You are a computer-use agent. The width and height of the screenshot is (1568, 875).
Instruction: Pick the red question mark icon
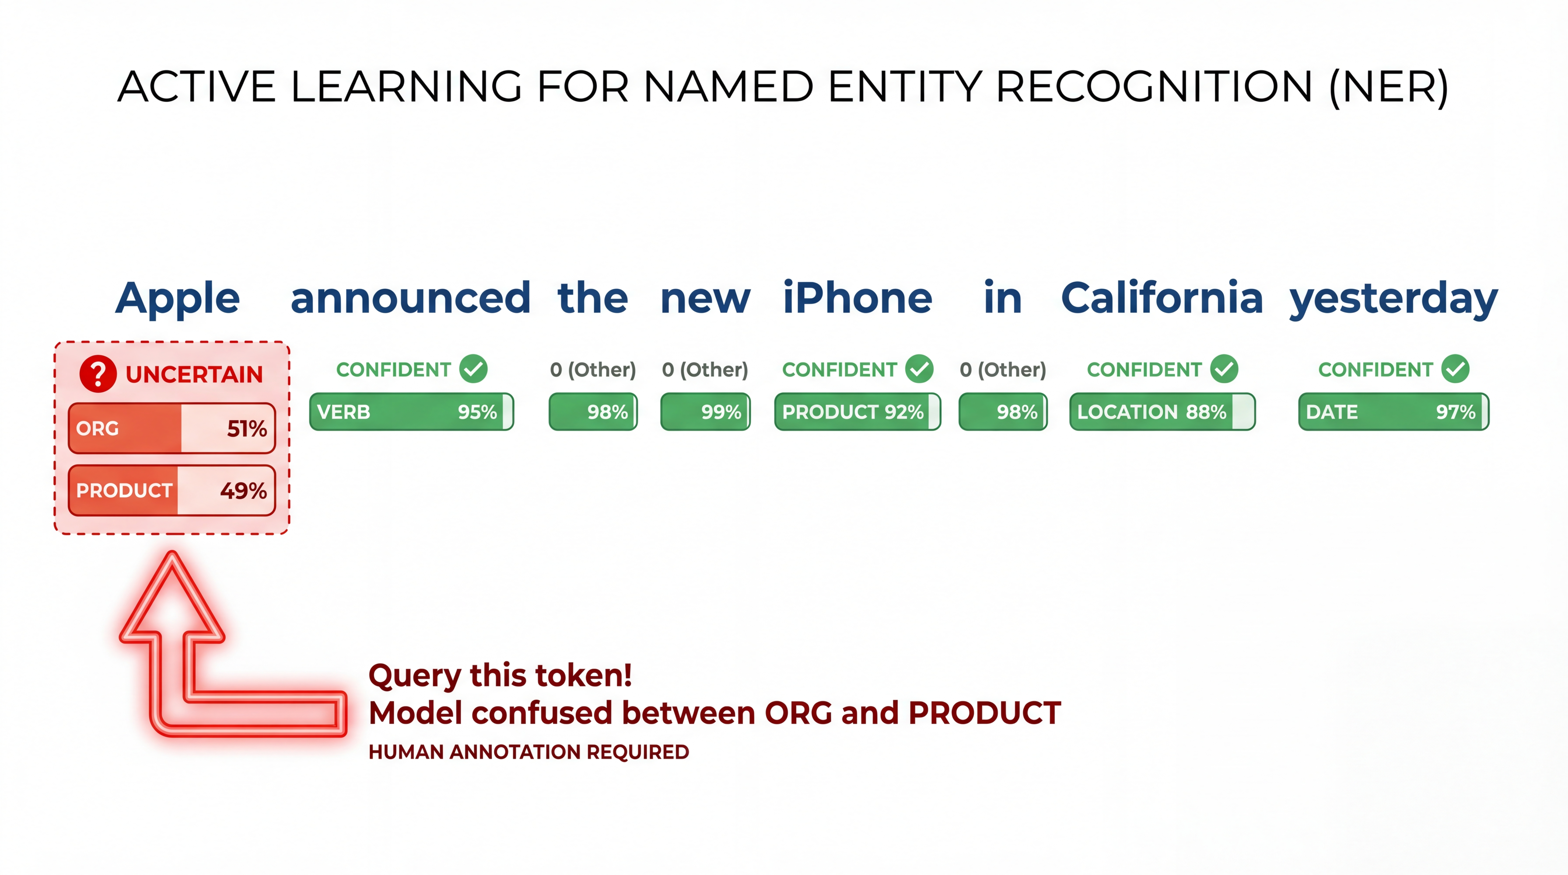98,374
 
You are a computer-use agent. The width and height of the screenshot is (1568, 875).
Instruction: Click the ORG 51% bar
172,428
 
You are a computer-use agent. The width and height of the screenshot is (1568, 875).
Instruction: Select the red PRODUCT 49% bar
172,490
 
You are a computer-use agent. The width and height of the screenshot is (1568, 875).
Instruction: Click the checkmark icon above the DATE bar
1455,369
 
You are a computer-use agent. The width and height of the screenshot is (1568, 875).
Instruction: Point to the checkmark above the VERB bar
473,369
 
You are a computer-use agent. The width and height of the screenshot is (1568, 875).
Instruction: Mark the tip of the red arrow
172,551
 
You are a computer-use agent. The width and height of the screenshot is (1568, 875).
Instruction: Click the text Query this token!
500,675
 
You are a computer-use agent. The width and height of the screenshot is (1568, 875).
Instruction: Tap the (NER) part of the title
1389,87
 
